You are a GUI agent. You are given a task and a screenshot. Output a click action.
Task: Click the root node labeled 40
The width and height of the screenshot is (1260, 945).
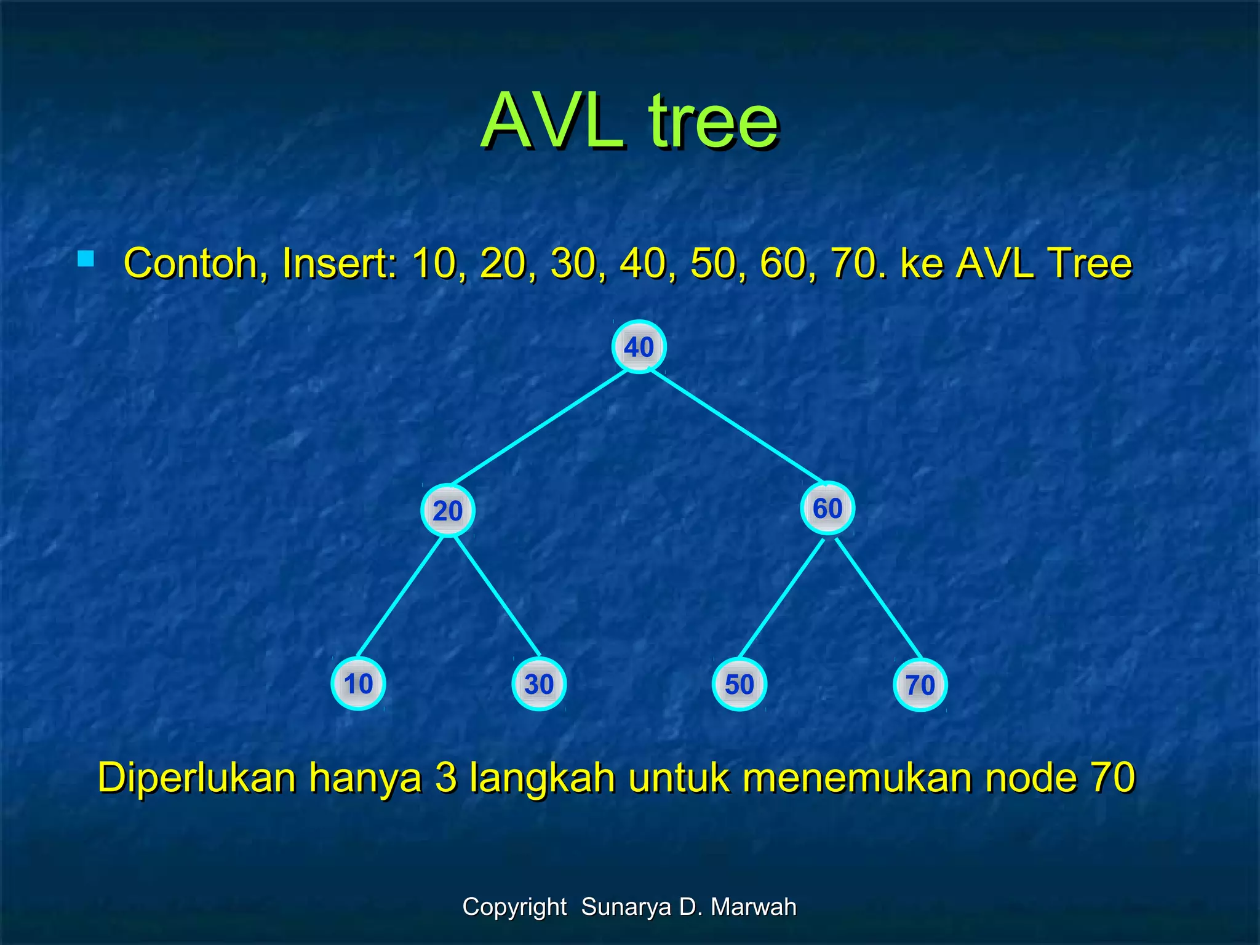click(639, 347)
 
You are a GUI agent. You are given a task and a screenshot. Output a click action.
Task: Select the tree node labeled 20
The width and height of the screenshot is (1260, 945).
click(448, 511)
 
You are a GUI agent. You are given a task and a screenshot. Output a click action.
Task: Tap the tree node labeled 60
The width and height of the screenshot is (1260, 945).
click(827, 508)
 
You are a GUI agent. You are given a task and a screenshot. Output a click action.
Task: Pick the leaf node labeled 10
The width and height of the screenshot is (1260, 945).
click(358, 684)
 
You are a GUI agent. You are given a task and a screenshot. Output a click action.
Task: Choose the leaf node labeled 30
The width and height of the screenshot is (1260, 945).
click(539, 685)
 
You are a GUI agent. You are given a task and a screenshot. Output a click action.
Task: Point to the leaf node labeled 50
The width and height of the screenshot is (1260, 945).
click(740, 685)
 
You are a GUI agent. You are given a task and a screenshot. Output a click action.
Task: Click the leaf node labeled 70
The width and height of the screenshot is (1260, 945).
click(920, 685)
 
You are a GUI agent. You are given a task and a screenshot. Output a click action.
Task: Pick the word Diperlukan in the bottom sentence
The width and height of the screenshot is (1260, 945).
click(197, 778)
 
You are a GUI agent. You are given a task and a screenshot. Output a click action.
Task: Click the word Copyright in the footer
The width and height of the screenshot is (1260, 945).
click(514, 907)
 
